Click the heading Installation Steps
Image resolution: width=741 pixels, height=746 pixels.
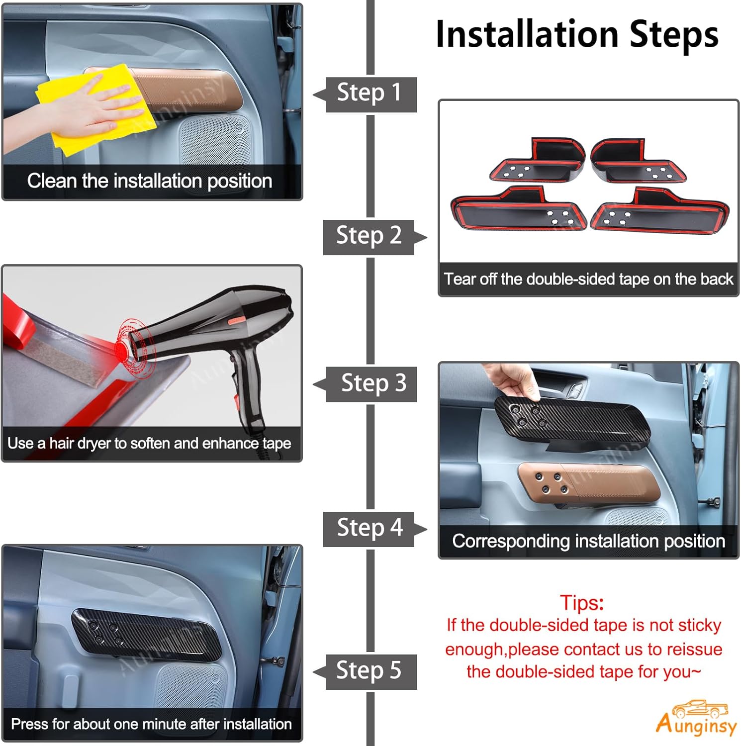(577, 35)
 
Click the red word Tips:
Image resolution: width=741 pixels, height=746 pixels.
(582, 603)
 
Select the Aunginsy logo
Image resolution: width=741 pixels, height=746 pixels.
(696, 718)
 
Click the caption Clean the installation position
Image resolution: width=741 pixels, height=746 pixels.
(150, 181)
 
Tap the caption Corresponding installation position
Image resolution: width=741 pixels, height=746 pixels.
(589, 541)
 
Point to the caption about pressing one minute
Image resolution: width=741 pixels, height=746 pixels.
(151, 724)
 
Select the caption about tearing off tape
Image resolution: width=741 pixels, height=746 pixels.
(589, 279)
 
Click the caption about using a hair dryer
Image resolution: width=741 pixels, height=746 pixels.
(149, 443)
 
